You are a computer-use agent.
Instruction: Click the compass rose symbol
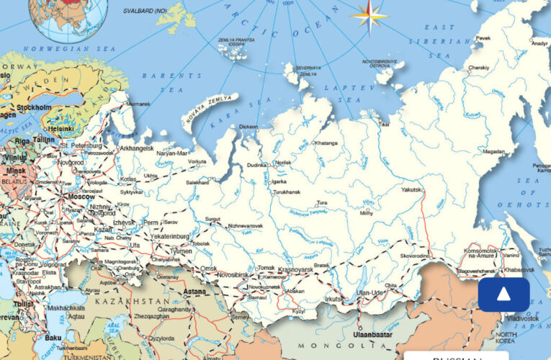pos(368,17)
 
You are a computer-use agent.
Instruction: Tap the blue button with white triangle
pos(503,294)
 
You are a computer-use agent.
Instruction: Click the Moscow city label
pos(81,197)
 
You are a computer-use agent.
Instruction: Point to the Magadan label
pos(494,152)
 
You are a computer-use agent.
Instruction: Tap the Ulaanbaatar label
pos(373,335)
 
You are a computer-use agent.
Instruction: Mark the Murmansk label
pos(139,104)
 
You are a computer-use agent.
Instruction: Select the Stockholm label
pos(34,107)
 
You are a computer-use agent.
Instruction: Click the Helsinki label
pos(61,129)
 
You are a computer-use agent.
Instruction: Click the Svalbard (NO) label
pos(143,12)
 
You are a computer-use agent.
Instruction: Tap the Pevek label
pos(483,37)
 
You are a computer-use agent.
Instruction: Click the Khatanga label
pos(326,143)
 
